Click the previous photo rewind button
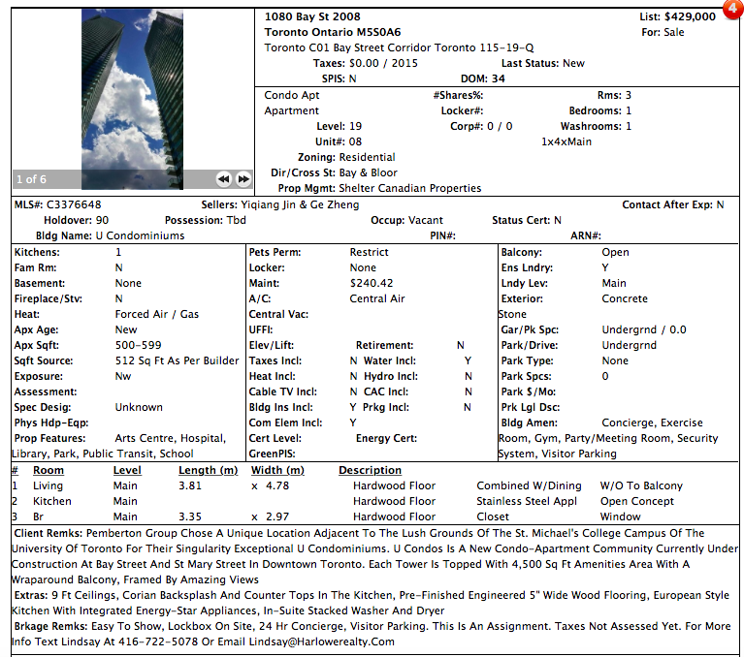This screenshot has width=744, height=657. pyautogui.click(x=222, y=179)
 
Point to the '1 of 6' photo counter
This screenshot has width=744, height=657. pyautogui.click(x=30, y=179)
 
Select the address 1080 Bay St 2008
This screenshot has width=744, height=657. pyautogui.click(x=312, y=17)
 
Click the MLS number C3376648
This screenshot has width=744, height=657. pyautogui.click(x=73, y=205)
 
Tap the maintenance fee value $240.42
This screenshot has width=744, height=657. pyautogui.click(x=372, y=283)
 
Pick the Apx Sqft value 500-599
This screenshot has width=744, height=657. pyautogui.click(x=139, y=345)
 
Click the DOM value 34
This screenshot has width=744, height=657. pyautogui.click(x=498, y=79)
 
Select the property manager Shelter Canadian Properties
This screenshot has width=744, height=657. pyautogui.click(x=409, y=188)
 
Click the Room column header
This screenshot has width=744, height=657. pyautogui.click(x=49, y=471)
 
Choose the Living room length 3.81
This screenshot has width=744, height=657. pyautogui.click(x=190, y=486)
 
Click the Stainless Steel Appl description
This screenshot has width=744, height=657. pyautogui.click(x=527, y=502)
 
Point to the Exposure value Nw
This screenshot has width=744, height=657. pyautogui.click(x=123, y=376)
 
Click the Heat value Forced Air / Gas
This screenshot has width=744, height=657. pyautogui.click(x=156, y=314)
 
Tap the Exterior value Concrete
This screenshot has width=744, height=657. pyautogui.click(x=625, y=298)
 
